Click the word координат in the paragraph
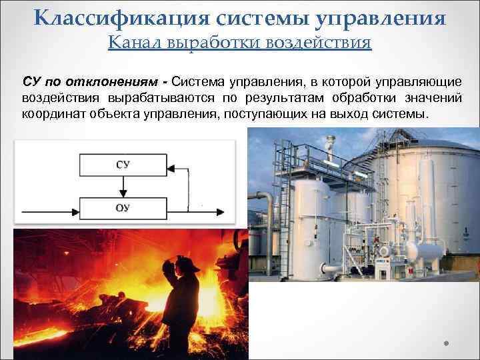coord(53,113)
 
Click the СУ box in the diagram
coord(123,164)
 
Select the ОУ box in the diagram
coord(123,208)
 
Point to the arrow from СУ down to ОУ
coord(123,186)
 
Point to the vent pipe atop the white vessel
coord(329,143)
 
